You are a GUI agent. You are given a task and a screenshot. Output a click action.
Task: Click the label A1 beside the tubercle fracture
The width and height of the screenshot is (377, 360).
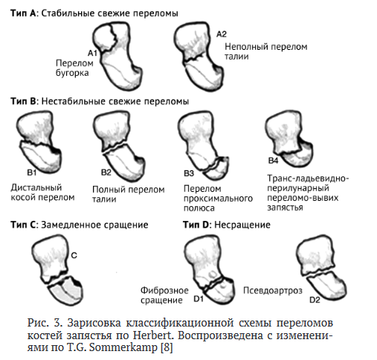pyautogui.click(x=92, y=53)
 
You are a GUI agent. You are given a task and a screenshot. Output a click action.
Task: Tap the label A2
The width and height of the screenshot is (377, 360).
pyautogui.click(x=222, y=34)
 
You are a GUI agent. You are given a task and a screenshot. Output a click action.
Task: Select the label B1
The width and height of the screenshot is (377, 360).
pyautogui.click(x=32, y=173)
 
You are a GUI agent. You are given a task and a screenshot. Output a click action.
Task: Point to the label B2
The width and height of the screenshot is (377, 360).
pyautogui.click(x=106, y=173)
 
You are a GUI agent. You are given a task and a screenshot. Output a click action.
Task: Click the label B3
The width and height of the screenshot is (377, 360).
pyautogui.click(x=189, y=173)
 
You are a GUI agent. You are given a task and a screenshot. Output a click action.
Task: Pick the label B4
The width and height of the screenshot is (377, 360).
pyautogui.click(x=274, y=161)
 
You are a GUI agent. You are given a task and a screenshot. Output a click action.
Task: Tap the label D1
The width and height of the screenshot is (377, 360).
pyautogui.click(x=199, y=299)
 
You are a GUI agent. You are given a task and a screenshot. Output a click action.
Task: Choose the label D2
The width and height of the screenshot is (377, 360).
pyautogui.click(x=315, y=300)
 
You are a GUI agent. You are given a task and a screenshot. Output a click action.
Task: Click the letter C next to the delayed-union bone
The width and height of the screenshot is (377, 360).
pyautogui.click(x=74, y=255)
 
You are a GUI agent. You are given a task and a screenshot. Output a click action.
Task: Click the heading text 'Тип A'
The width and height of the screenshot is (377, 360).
pyautogui.click(x=23, y=13)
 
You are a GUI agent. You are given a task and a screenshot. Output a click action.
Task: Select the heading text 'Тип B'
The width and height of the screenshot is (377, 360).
pyautogui.click(x=23, y=101)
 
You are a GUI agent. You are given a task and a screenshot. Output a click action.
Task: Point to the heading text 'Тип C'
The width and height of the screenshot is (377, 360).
pyautogui.click(x=23, y=225)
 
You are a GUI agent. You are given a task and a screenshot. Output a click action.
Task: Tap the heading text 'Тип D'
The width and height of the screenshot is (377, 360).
pyautogui.click(x=196, y=225)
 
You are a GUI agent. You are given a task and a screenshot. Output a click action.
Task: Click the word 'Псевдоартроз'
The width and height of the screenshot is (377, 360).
pyautogui.click(x=273, y=291)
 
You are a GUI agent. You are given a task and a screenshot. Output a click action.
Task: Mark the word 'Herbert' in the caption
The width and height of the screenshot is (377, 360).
pyautogui.click(x=152, y=335)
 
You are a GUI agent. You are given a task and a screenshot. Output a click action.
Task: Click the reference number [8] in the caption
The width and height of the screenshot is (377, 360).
pyautogui.click(x=167, y=347)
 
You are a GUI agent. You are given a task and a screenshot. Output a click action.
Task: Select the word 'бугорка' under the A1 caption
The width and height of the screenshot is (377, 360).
pyautogui.click(x=72, y=73)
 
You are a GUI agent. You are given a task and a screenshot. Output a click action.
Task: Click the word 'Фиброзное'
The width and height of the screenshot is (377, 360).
pyautogui.click(x=164, y=290)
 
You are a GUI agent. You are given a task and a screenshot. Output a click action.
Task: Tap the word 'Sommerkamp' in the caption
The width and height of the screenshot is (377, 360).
pyautogui.click(x=123, y=347)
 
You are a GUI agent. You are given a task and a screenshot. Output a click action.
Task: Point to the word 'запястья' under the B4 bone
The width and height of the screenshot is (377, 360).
pyautogui.click(x=285, y=208)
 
